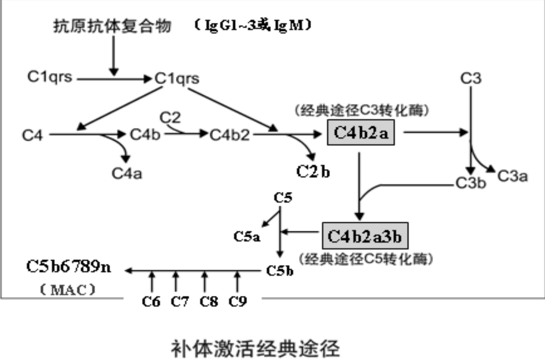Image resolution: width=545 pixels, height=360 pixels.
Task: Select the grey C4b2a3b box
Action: (x=365, y=236)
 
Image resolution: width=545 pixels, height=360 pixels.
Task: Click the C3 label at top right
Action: (x=471, y=78)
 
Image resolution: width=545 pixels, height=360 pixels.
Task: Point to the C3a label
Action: (x=513, y=176)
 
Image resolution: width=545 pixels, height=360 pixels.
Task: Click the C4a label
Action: (x=127, y=173)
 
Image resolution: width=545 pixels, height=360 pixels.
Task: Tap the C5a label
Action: (x=247, y=236)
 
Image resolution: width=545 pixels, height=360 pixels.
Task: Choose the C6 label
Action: (x=151, y=302)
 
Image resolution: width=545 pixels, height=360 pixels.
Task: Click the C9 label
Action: (x=237, y=302)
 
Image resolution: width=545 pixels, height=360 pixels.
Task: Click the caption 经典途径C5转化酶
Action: (x=366, y=259)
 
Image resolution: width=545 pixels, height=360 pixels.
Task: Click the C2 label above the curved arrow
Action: (x=170, y=117)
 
